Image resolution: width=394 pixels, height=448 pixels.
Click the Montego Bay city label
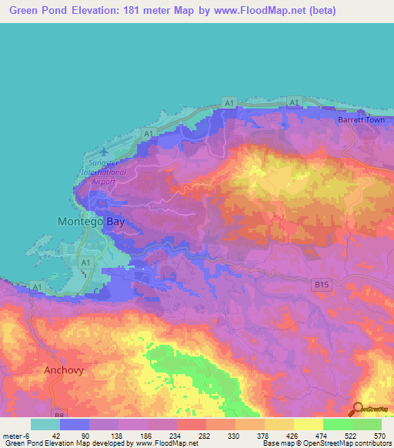pyautogui.click(x=91, y=221)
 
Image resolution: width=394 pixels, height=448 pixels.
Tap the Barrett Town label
pyautogui.click(x=360, y=121)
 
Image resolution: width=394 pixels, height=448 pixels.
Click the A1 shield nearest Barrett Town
pyautogui.click(x=229, y=102)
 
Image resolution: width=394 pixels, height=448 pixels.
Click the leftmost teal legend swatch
pyautogui.click(x=45, y=424)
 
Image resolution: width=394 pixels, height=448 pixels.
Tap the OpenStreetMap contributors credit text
pyautogui.click(x=346, y=443)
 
